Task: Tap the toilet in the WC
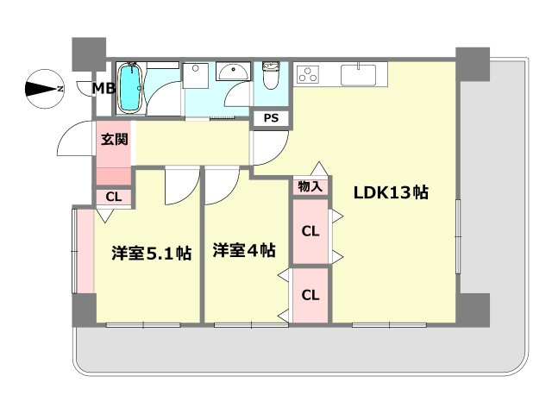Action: point(270,78)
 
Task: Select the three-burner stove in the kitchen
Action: point(308,75)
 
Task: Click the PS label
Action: point(271,118)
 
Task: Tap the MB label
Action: point(105,89)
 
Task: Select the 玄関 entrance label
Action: point(113,140)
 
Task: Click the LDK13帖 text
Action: point(390,193)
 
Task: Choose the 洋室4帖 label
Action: point(244,251)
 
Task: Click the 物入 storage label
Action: point(310,186)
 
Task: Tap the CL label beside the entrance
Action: point(114,198)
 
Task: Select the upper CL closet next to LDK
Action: point(310,231)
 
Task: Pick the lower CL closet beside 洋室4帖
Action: point(310,295)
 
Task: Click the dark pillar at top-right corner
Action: point(472,63)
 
